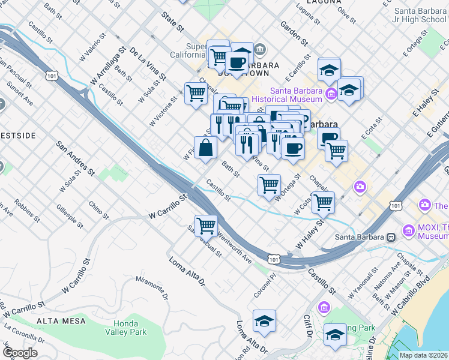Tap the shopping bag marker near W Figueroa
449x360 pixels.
click(x=205, y=148)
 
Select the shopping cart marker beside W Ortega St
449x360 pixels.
click(x=269, y=184)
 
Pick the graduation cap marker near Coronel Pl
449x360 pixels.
click(x=264, y=321)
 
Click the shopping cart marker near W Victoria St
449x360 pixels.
click(x=196, y=94)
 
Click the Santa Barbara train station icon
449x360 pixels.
click(x=391, y=236)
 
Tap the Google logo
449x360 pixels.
click(x=20, y=353)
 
